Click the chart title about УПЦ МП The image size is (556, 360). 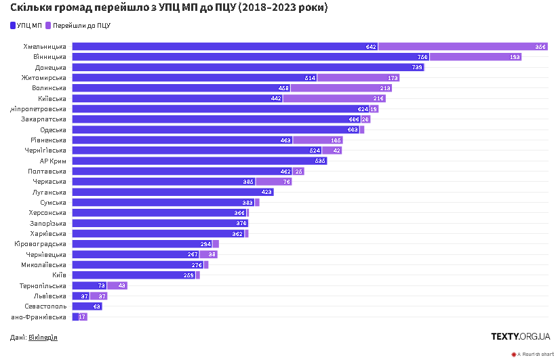click(x=169, y=8)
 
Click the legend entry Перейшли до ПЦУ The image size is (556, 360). click(x=81, y=26)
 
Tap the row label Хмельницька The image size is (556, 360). click(x=45, y=47)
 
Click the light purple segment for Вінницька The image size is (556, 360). click(x=475, y=57)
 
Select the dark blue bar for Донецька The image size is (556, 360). click(x=247, y=67)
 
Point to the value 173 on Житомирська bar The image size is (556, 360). click(x=393, y=78)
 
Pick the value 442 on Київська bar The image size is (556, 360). click(x=275, y=98)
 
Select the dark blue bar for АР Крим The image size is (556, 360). click(x=199, y=161)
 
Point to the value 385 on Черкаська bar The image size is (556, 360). click(x=248, y=182)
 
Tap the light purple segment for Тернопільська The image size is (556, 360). click(x=117, y=285)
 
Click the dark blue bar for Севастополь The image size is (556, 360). click(x=87, y=306)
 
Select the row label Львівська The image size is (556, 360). click(x=49, y=296)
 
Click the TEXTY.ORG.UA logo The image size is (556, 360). click(x=520, y=336)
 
